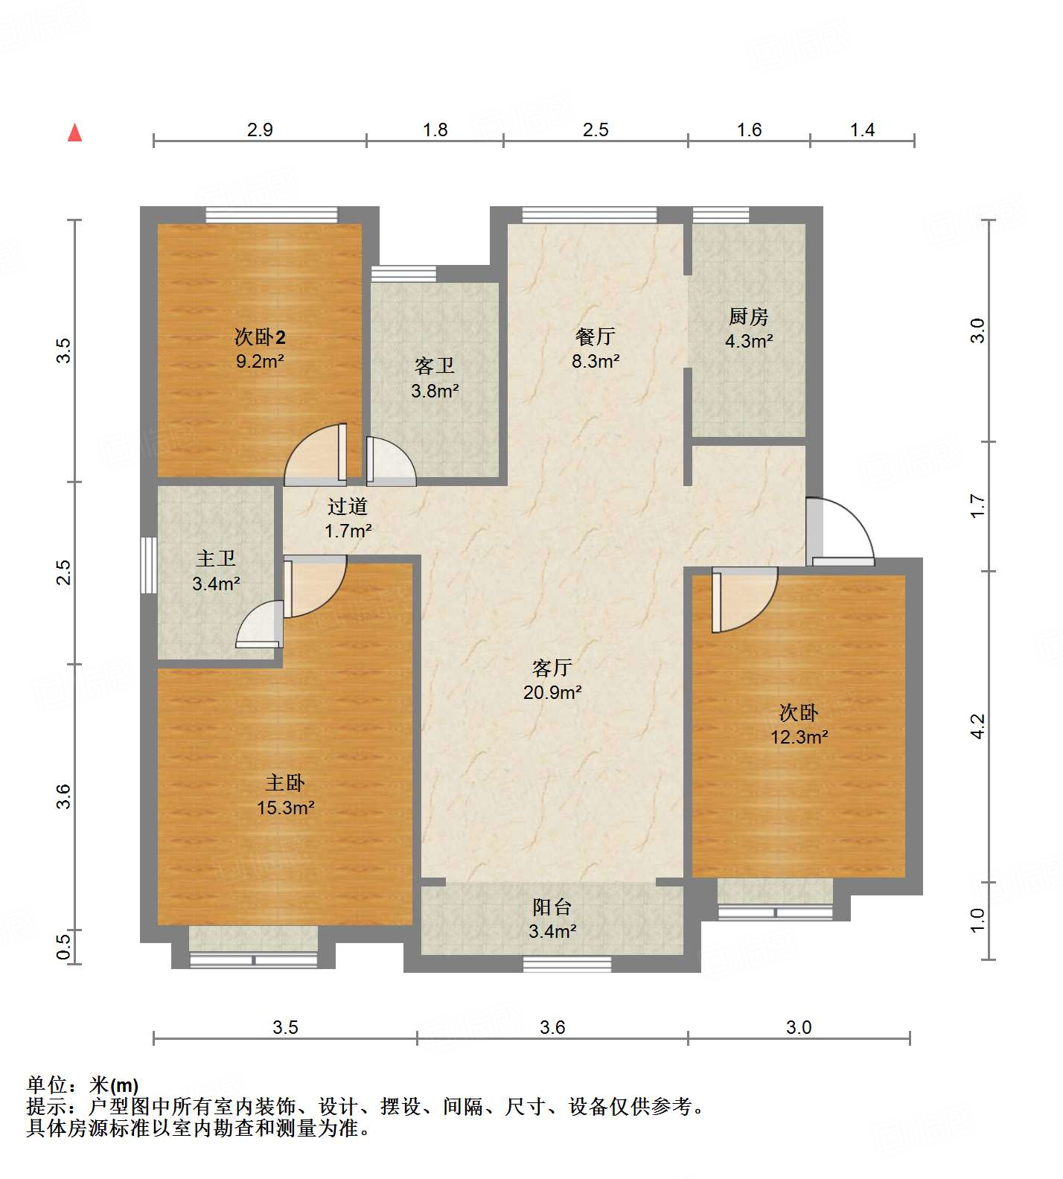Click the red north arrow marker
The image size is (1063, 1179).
click(x=74, y=133)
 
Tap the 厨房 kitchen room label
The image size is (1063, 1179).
click(x=748, y=317)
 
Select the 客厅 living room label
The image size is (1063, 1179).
click(x=552, y=668)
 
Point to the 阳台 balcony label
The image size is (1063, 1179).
click(x=552, y=907)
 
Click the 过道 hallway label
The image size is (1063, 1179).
click(x=348, y=507)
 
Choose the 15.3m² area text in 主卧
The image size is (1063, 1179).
click(x=285, y=808)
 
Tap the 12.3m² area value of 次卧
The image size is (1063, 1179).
click(x=799, y=737)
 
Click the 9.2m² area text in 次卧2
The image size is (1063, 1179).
click(x=260, y=362)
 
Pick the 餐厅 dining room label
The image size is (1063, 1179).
click(x=595, y=336)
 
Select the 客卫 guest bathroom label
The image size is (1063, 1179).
click(x=434, y=366)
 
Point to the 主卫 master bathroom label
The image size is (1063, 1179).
click(x=216, y=559)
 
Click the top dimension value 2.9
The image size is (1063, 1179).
click(x=260, y=130)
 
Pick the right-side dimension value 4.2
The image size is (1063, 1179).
click(x=978, y=726)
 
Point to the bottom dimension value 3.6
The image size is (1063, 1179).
click(x=552, y=1028)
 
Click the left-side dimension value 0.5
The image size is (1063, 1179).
click(x=64, y=946)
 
